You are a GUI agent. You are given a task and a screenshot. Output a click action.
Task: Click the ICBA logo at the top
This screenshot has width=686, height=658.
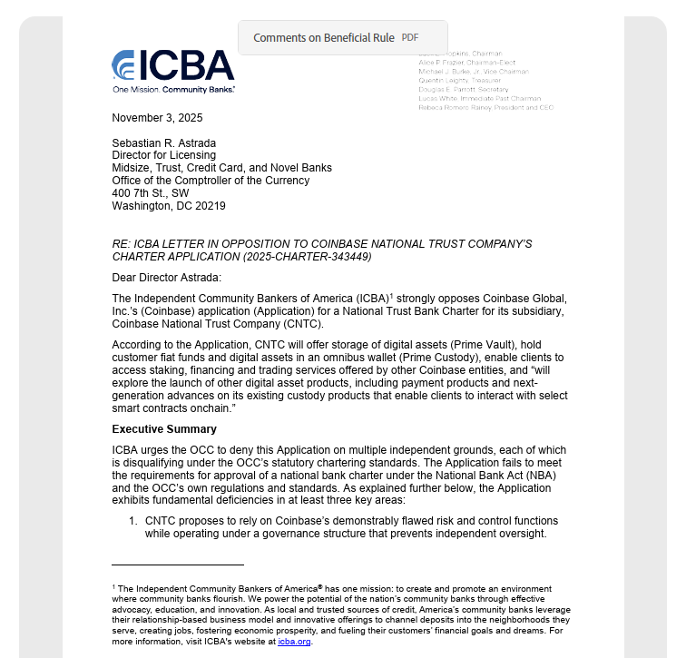coord(172,65)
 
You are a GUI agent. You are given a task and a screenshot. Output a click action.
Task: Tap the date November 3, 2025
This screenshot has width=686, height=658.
coord(157,118)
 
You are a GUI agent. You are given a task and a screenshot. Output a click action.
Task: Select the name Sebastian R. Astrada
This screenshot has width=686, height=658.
coord(163,142)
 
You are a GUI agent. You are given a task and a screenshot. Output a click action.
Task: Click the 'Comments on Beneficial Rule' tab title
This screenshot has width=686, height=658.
coord(323,38)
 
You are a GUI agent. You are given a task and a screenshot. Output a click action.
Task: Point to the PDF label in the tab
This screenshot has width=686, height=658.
coord(410,38)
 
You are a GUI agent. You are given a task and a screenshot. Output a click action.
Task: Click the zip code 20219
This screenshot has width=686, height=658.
coord(210,206)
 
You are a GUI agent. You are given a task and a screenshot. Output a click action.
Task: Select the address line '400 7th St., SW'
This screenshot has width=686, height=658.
coord(150,193)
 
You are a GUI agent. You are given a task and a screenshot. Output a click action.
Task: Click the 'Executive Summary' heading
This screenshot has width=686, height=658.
coord(164,428)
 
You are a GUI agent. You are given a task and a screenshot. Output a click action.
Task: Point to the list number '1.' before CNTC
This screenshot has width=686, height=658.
coord(132,521)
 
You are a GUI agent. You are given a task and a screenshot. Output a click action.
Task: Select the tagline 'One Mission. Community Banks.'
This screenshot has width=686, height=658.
coord(173,90)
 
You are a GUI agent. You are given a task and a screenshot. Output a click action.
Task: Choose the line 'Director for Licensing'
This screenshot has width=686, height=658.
coord(164,155)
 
